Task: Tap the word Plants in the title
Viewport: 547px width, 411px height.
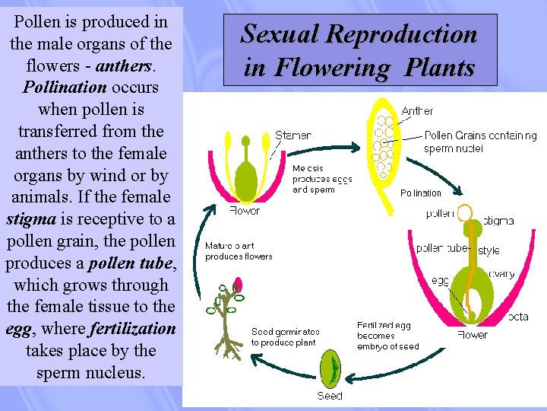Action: pos(439,67)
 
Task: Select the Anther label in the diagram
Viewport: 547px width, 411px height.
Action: pos(417,111)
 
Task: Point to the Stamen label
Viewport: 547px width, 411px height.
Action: pos(292,135)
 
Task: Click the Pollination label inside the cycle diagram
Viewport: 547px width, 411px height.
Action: pos(420,193)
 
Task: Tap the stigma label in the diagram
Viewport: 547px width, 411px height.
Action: pos(498,221)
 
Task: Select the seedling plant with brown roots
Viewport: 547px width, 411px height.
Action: pos(226,320)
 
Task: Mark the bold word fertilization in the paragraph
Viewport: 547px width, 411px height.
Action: pos(132,330)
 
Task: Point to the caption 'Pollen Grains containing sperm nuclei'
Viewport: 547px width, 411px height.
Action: pos(479,142)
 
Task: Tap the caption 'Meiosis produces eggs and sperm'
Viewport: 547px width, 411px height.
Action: pos(322,179)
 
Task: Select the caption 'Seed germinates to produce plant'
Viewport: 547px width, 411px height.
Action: pos(285,337)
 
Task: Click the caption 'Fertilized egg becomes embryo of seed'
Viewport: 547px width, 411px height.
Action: pos(387,336)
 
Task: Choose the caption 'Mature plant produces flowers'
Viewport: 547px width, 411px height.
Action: pos(239,251)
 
